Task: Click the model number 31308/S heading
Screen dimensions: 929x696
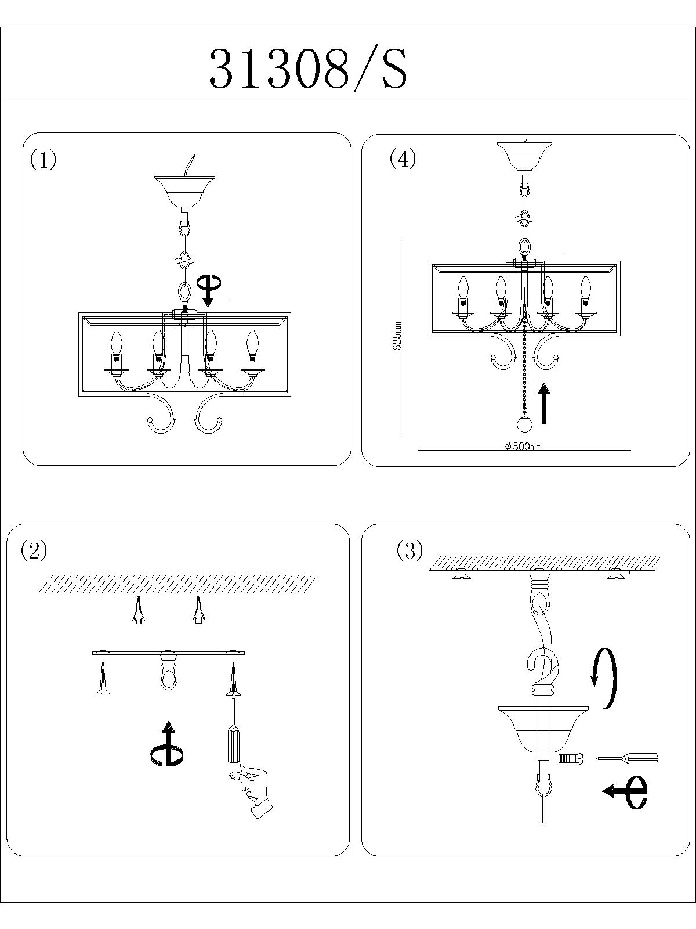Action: [308, 69]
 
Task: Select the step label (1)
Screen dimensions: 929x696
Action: [43, 160]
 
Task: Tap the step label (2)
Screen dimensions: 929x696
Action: [34, 550]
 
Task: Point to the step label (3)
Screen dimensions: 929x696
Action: [409, 550]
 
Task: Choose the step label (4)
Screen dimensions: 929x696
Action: [403, 159]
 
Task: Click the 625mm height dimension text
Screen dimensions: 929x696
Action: [397, 336]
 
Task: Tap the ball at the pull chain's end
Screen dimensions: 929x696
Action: [524, 425]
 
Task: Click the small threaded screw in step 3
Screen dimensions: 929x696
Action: [570, 758]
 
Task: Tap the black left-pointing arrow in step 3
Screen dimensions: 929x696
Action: [625, 791]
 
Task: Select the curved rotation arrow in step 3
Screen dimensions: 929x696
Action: [604, 678]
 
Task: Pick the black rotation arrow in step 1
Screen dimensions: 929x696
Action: [208, 289]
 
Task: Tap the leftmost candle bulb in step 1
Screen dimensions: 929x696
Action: [117, 344]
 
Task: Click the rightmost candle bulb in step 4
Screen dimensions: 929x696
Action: [585, 286]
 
